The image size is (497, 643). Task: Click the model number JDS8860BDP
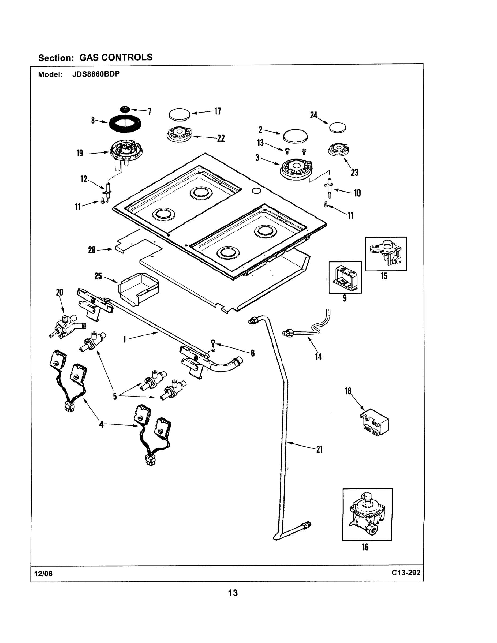pos(96,74)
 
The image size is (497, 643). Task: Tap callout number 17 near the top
pos(218,111)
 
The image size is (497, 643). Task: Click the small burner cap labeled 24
pos(337,128)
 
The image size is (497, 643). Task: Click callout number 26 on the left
pos(92,250)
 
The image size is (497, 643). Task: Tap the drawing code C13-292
pos(406,573)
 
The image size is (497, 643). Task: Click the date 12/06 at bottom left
pos(43,574)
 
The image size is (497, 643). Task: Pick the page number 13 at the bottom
pos(233,593)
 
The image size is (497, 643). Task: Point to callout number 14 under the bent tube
pos(318,357)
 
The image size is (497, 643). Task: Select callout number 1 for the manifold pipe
pos(125,340)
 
